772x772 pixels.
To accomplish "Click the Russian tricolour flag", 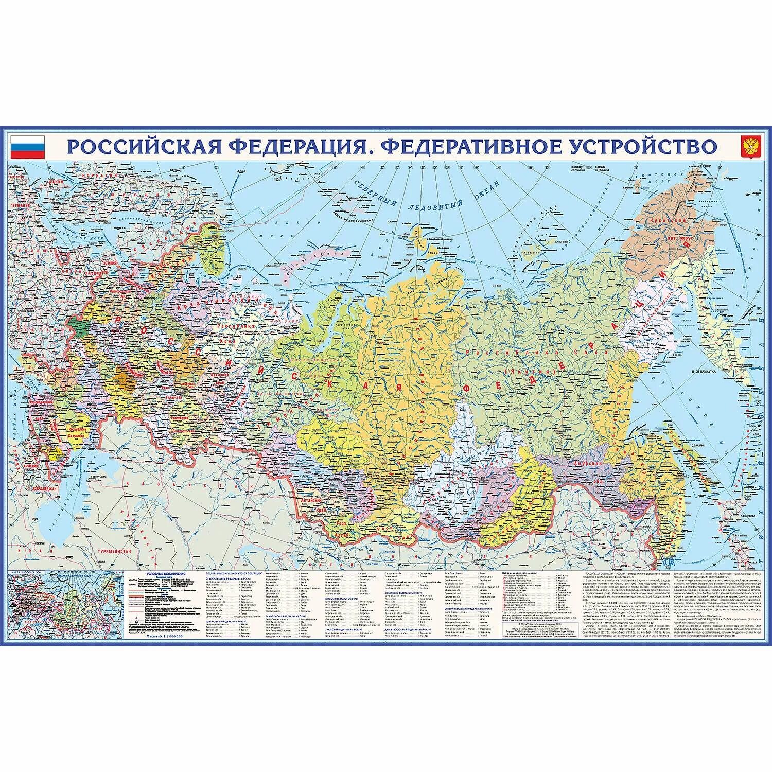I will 28,147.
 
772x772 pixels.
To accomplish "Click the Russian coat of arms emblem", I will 750,147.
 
